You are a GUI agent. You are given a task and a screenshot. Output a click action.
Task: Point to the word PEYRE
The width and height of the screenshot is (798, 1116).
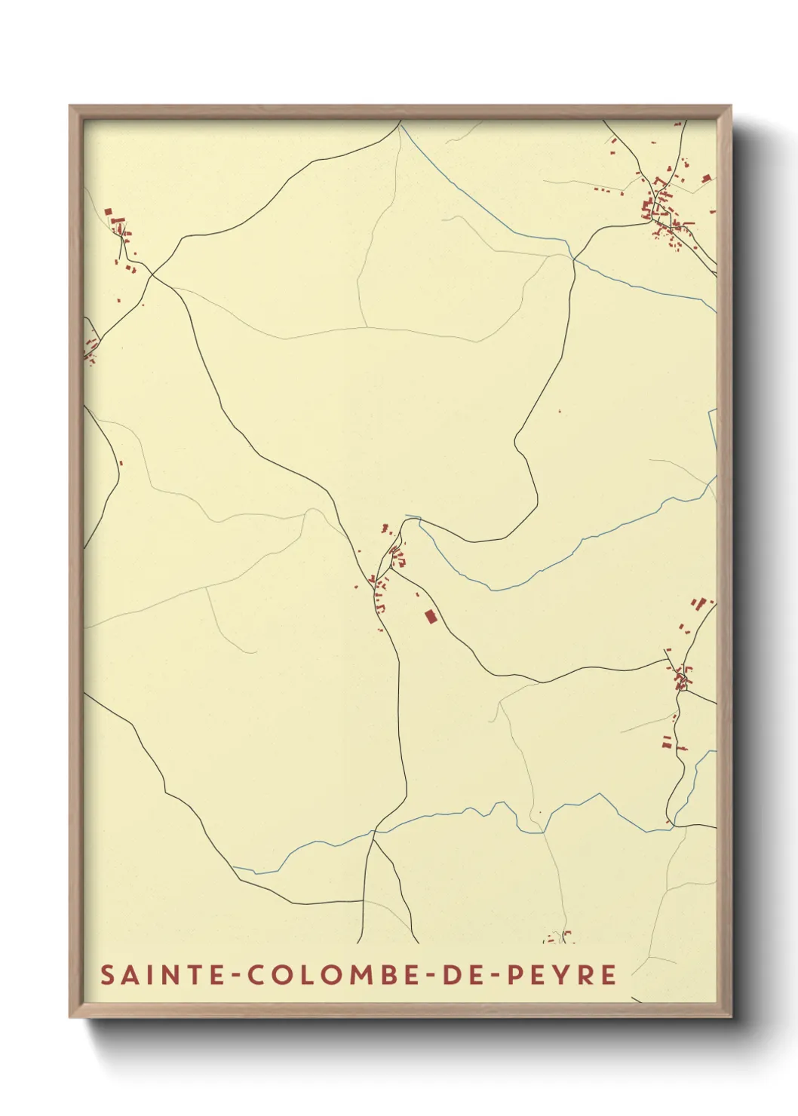coord(561,974)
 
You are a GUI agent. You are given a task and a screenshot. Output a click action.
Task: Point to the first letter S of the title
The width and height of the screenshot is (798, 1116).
coord(108,974)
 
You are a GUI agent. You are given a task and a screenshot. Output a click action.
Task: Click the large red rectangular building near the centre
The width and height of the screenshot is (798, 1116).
coord(431,617)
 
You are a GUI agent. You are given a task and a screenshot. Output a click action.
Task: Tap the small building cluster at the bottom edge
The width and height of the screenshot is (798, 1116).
coord(559,937)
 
